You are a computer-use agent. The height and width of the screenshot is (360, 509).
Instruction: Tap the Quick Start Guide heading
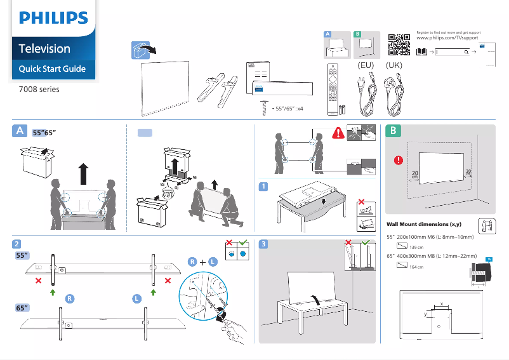(x=52, y=69)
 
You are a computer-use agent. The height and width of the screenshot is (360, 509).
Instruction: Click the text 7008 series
(x=39, y=90)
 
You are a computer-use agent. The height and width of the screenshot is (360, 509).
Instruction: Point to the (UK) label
(x=394, y=65)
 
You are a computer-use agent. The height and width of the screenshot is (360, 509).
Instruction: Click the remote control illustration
(x=333, y=89)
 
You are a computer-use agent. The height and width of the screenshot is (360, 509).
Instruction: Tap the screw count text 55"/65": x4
(x=288, y=109)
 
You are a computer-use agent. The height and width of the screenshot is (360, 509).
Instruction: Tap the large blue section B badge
(x=394, y=131)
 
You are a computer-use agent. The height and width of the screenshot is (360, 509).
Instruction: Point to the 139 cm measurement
(x=416, y=247)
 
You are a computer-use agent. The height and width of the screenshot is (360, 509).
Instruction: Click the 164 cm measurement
(x=416, y=267)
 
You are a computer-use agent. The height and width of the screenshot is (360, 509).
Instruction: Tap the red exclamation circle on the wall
(x=399, y=159)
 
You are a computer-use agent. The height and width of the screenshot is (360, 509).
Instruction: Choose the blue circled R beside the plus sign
(x=192, y=262)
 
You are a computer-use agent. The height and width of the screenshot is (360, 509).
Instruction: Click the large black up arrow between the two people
(x=83, y=172)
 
